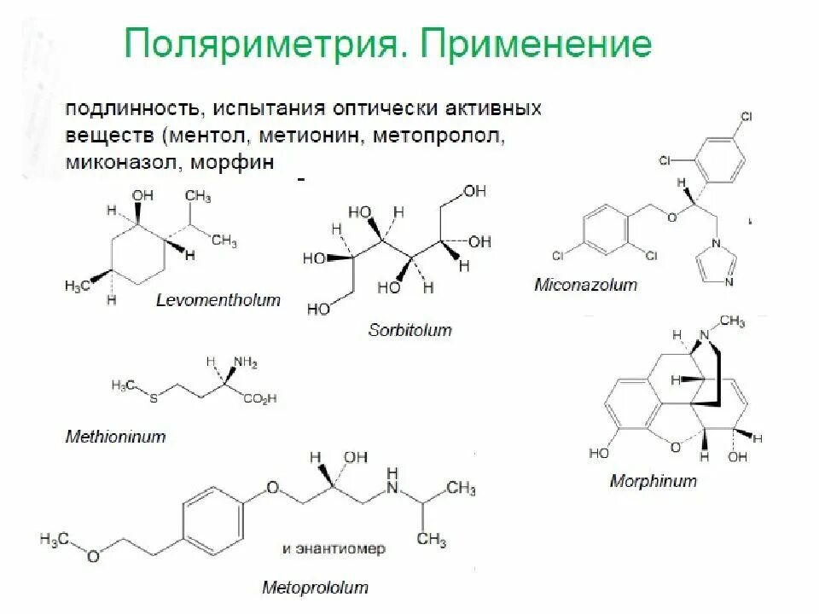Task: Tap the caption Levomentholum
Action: click(x=218, y=300)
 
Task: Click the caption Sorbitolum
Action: click(x=409, y=329)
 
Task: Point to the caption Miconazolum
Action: click(x=585, y=285)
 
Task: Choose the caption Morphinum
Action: click(x=653, y=481)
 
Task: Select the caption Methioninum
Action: click(x=115, y=437)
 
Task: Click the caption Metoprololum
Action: click(x=315, y=588)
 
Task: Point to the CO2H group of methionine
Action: click(x=259, y=397)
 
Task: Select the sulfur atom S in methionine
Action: click(x=152, y=398)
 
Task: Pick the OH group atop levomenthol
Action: click(x=138, y=196)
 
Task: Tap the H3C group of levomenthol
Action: click(x=78, y=285)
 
